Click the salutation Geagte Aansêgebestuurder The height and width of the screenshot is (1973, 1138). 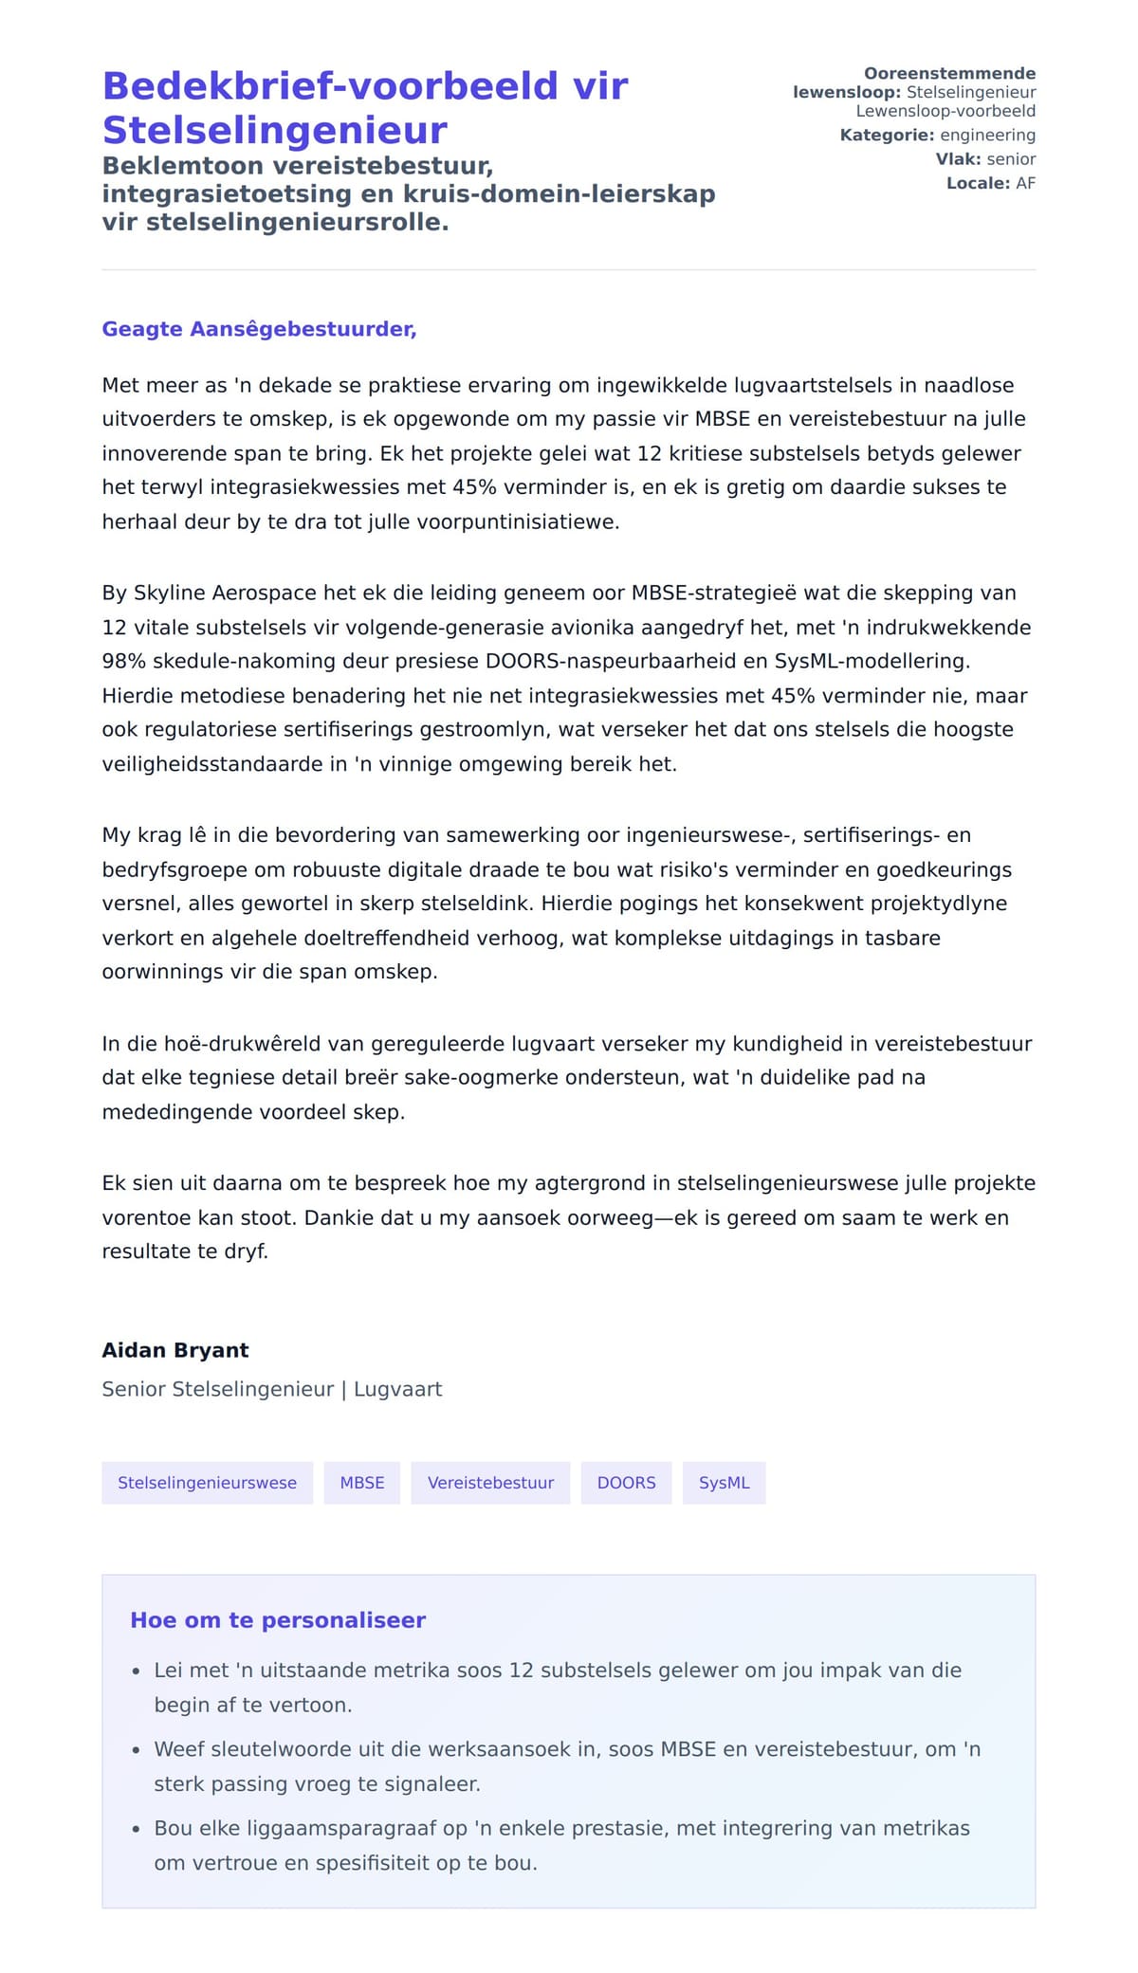pyautogui.click(x=259, y=329)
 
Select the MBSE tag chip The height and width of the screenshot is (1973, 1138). pyautogui.click(x=362, y=1483)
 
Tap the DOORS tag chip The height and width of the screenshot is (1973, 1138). pyautogui.click(x=626, y=1483)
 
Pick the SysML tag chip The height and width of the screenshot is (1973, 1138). pyautogui.click(x=724, y=1483)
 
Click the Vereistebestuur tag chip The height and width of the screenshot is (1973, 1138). pyautogui.click(x=490, y=1483)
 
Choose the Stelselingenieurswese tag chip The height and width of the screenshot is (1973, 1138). pyautogui.click(x=207, y=1483)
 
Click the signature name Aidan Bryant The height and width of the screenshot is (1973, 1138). pyautogui.click(x=175, y=1350)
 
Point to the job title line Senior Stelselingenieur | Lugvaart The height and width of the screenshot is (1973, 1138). pyautogui.click(x=272, y=1389)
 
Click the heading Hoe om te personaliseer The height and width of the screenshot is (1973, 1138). pyautogui.click(x=278, y=1620)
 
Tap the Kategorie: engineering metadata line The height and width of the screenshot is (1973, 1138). pyautogui.click(x=937, y=136)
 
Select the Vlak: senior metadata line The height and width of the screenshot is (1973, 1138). pyautogui.click(x=985, y=159)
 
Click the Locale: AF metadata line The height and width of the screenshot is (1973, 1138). pyautogui.click(x=990, y=183)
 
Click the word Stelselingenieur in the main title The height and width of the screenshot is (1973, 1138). pyautogui.click(x=275, y=130)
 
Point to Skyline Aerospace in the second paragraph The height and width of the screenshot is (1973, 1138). pyautogui.click(x=226, y=594)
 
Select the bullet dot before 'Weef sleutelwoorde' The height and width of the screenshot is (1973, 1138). pyautogui.click(x=137, y=1750)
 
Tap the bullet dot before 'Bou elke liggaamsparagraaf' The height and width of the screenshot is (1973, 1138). pyautogui.click(x=137, y=1829)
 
